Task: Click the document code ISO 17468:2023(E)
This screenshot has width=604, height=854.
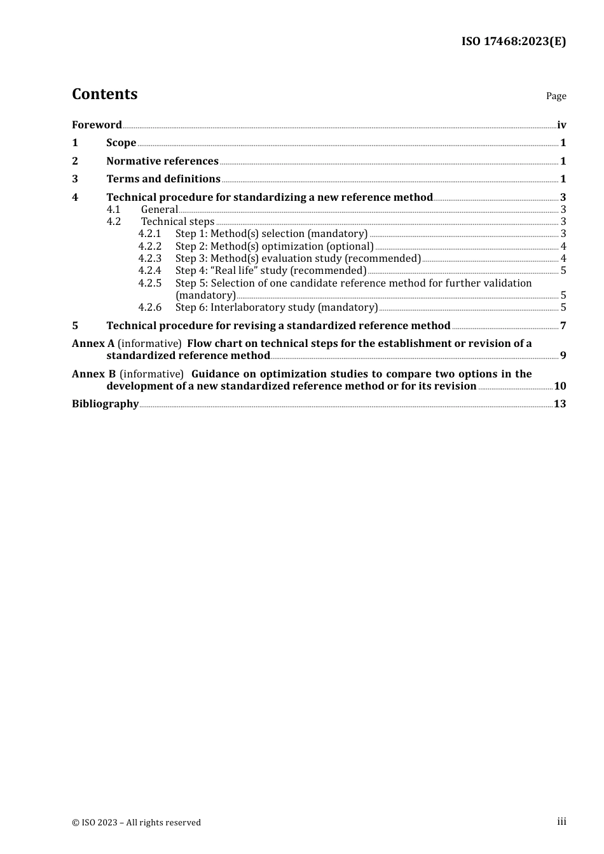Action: (x=513, y=41)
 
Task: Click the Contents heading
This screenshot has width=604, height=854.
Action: (x=104, y=94)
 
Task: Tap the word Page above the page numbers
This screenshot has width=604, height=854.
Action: (x=556, y=96)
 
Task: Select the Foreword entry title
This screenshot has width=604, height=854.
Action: (x=97, y=125)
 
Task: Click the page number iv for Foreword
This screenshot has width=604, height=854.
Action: (x=561, y=125)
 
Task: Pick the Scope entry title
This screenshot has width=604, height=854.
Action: (x=121, y=143)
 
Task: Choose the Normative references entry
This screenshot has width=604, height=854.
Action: (x=162, y=161)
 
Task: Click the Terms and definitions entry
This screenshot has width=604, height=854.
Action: (x=163, y=179)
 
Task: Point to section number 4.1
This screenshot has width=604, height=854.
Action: (x=113, y=210)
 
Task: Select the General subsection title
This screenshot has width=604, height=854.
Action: (x=159, y=210)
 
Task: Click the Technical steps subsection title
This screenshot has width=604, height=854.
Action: (x=177, y=222)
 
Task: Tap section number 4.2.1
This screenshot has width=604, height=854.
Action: (x=150, y=234)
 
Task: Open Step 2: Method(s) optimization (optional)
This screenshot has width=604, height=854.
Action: (x=274, y=247)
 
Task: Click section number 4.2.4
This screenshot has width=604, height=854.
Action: (x=150, y=271)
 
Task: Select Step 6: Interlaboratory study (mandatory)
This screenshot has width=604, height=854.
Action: (x=277, y=308)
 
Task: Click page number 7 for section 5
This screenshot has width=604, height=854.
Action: (x=563, y=326)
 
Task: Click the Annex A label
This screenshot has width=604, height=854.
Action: (x=93, y=344)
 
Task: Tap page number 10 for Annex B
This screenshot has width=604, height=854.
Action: (x=560, y=386)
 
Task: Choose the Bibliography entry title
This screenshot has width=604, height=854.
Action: (x=105, y=404)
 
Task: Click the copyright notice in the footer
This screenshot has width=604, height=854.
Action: (x=136, y=823)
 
